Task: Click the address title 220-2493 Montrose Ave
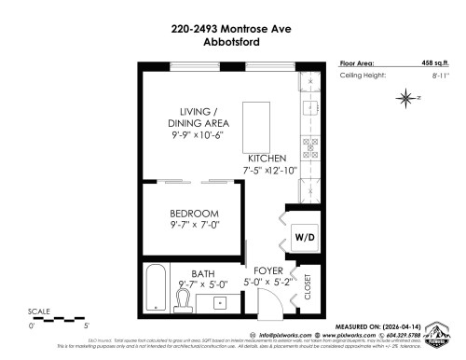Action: click(x=233, y=30)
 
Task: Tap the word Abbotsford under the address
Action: click(x=233, y=43)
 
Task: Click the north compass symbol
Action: click(x=406, y=97)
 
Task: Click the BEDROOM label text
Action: click(x=195, y=214)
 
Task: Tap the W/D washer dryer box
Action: click(x=304, y=237)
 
